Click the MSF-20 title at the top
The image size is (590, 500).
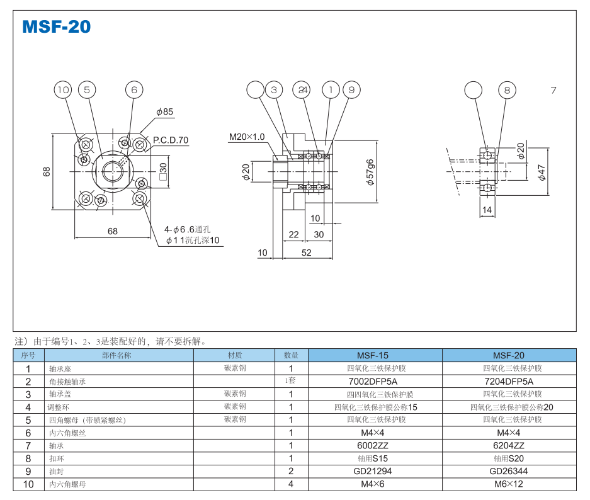tap(56, 26)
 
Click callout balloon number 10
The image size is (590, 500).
tap(63, 90)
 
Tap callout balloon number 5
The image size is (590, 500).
tap(87, 90)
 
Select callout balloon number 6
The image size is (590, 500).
tap(133, 90)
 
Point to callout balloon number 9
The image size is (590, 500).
tap(351, 90)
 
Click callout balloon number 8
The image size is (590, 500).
tap(507, 90)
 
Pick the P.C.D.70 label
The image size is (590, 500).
tap(171, 140)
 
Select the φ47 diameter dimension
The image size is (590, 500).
tap(542, 172)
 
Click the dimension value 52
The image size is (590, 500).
tap(306, 253)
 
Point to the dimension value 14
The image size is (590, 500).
tap(487, 210)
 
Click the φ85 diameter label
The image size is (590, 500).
tap(164, 112)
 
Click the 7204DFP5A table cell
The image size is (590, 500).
tap(508, 381)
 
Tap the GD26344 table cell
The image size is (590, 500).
tap(508, 471)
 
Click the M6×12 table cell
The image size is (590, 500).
tap(508, 484)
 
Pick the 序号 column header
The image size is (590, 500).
tap(28, 355)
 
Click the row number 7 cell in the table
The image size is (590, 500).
tap(28, 445)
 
